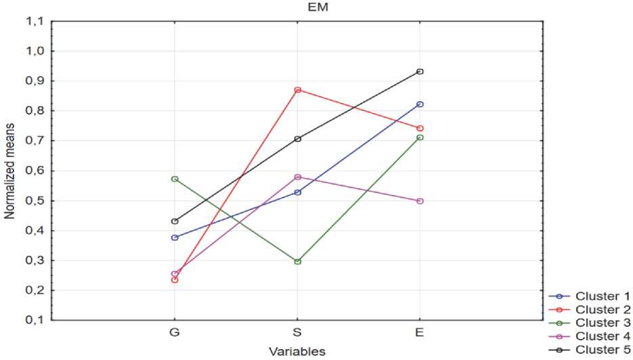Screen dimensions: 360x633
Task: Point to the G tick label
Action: point(175,334)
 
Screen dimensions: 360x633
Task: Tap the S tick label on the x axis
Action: point(297,334)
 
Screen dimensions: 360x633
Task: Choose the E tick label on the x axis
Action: point(420,334)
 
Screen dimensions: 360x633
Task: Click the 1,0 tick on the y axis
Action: point(34,51)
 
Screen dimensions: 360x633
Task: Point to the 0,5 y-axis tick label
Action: point(34,201)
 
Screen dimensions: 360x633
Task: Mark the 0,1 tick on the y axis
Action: point(34,320)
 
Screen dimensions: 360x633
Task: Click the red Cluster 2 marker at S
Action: point(297,90)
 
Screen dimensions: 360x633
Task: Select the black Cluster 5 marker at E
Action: point(420,72)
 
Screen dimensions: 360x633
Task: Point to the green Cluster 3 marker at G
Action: point(175,179)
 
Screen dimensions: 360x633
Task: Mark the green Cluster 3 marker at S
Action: point(297,261)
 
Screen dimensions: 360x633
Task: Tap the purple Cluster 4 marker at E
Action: point(420,201)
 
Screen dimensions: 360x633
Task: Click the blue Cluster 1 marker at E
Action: point(420,104)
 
